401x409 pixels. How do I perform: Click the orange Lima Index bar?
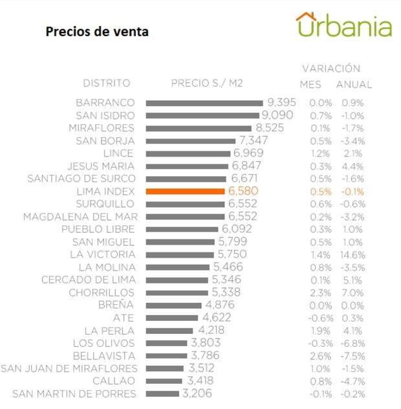pos(185,192)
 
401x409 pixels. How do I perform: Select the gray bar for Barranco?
pos(204,103)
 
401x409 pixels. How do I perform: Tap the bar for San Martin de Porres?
pos(163,393)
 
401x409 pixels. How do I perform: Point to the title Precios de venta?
pos(97,32)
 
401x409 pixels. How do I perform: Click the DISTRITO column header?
pos(107,83)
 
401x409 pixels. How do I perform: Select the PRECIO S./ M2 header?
pos(206,83)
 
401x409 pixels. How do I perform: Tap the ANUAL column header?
pos(354,85)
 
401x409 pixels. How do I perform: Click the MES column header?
pos(310,85)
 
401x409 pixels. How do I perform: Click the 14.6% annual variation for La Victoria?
pos(353,254)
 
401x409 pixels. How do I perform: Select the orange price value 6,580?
pos(243,192)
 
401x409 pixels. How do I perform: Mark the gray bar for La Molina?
pos(177,267)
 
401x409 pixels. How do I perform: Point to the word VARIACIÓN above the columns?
pos(331,69)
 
